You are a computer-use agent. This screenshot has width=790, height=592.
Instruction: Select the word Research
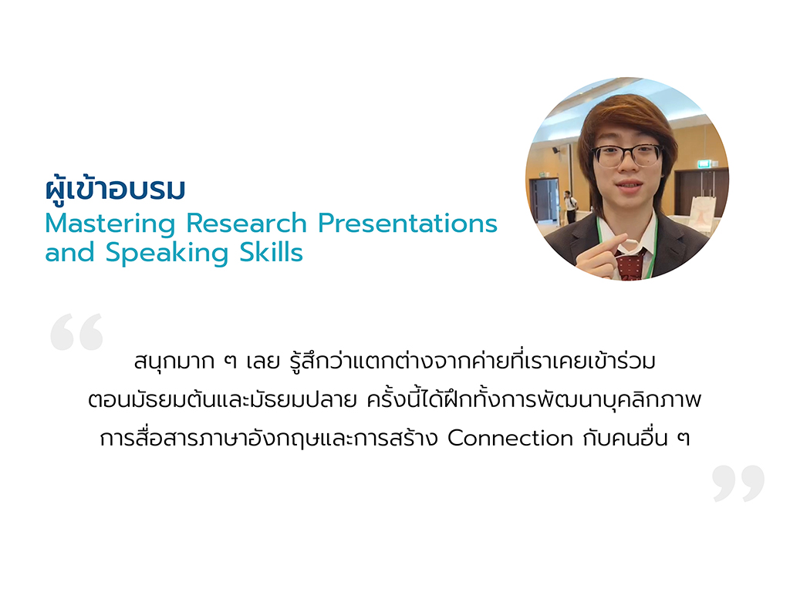point(247,223)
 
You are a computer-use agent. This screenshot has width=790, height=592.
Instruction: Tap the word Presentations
point(407,223)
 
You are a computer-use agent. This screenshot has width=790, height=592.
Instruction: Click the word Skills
point(271,252)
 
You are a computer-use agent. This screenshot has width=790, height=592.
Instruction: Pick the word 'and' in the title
point(69,252)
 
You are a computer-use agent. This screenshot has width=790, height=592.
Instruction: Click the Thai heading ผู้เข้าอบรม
point(116,189)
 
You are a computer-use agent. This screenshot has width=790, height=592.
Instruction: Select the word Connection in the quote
point(511,438)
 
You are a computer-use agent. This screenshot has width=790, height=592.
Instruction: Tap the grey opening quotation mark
point(76,331)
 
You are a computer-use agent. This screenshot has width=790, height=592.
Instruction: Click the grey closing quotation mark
point(738,483)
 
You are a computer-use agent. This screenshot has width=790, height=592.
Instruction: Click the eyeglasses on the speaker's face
point(626,155)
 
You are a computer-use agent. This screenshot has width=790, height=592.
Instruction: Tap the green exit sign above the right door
point(705,163)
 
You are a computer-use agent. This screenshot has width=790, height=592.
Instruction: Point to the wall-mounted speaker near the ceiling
point(555,150)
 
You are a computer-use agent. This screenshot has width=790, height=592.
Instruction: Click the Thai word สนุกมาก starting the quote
point(174,361)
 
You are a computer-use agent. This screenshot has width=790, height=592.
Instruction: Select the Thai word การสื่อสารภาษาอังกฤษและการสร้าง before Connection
point(268,438)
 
